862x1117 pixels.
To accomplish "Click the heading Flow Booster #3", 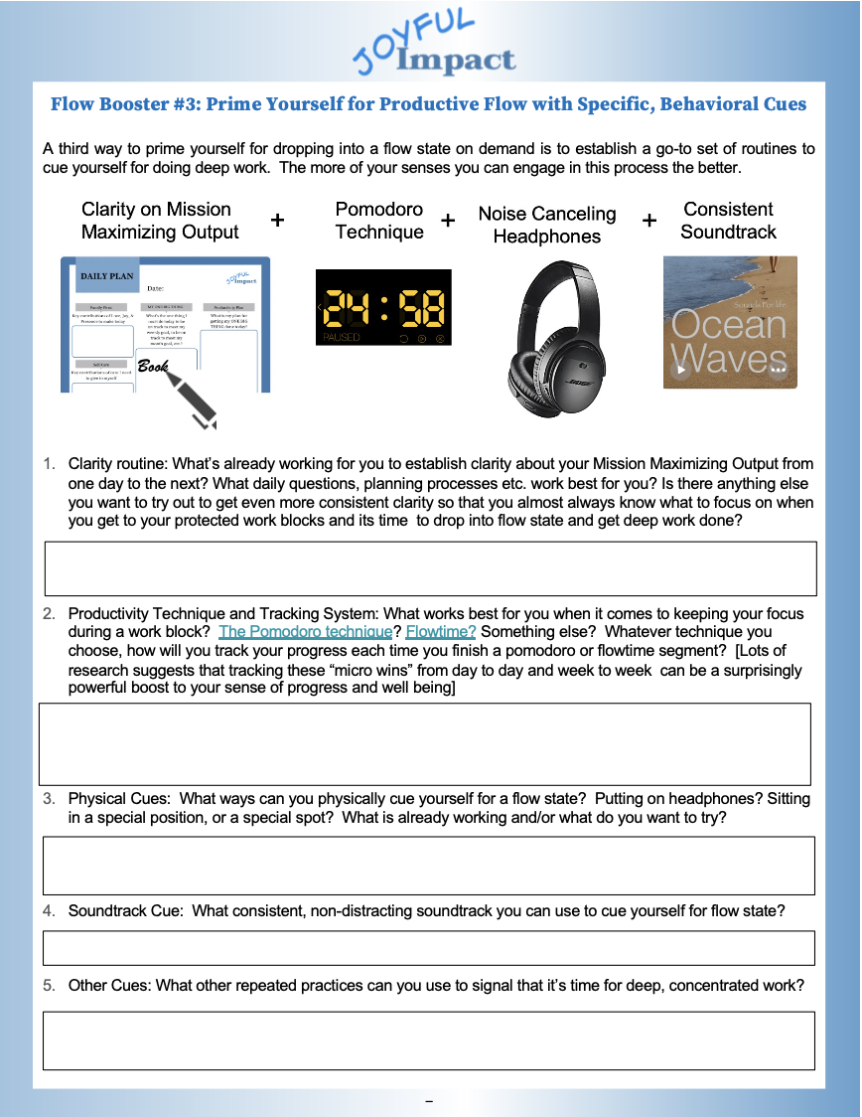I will [428, 104].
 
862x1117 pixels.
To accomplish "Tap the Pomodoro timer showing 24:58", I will [382, 308].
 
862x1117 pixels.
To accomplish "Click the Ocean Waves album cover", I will [730, 322].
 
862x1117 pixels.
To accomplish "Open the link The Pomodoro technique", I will [305, 632].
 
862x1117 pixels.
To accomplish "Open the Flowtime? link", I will [441, 632].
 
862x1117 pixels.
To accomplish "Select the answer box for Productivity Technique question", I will [424, 743].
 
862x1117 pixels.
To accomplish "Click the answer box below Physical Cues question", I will [428, 866].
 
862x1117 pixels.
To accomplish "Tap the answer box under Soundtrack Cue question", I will [428, 948].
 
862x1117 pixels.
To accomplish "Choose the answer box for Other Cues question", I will [428, 1040].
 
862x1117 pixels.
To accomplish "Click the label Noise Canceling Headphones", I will [546, 226].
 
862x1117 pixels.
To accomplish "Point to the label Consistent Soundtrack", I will [728, 221].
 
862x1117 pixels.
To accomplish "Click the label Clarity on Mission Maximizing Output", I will [159, 221].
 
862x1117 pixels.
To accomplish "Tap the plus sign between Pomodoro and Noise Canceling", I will [448, 221].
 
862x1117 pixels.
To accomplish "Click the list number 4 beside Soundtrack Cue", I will [48, 911].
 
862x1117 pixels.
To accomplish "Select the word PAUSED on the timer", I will [342, 338].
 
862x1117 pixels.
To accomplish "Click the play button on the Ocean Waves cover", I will [680, 371].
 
